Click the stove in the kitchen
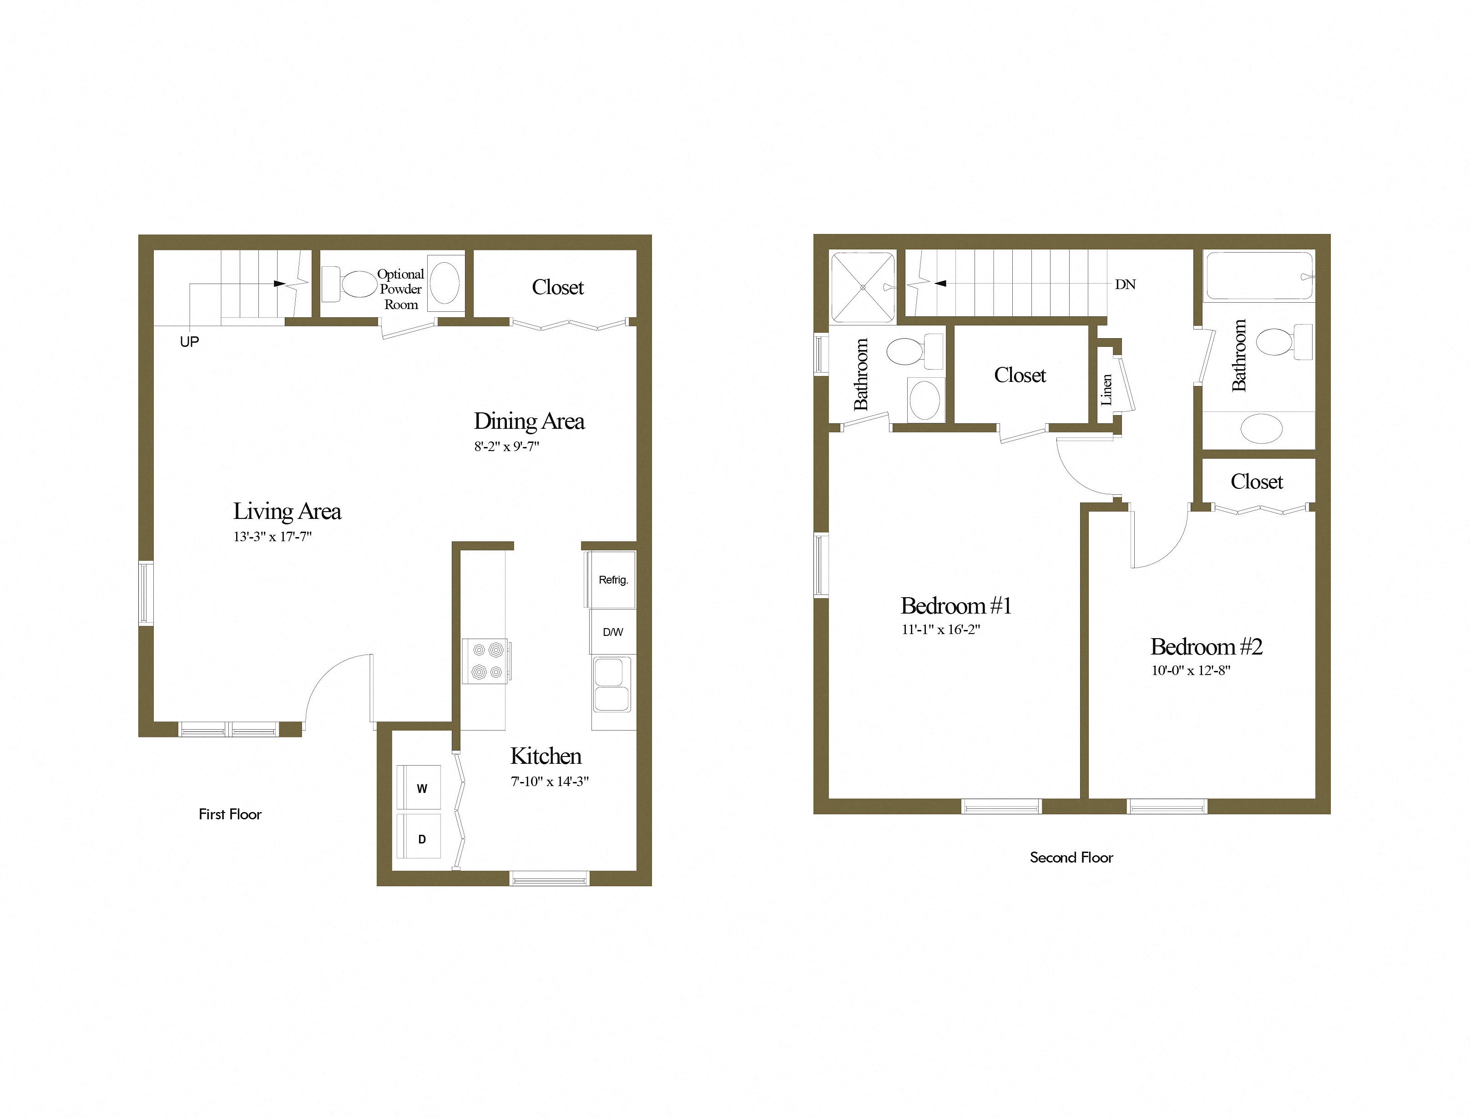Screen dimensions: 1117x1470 pos(486,661)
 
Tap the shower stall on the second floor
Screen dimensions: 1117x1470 pos(863,287)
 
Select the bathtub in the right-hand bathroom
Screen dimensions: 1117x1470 pos(1259,275)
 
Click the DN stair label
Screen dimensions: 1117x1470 pos(1125,284)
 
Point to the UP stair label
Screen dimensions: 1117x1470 pos(189,342)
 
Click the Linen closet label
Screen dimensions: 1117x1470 pos(1106,390)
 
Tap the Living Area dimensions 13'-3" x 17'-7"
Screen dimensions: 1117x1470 pos(273,537)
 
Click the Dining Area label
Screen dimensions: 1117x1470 pos(529,421)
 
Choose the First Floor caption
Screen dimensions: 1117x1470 pos(230,814)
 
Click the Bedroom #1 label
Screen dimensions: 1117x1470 pos(955,606)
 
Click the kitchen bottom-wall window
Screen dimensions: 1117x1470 pos(549,879)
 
